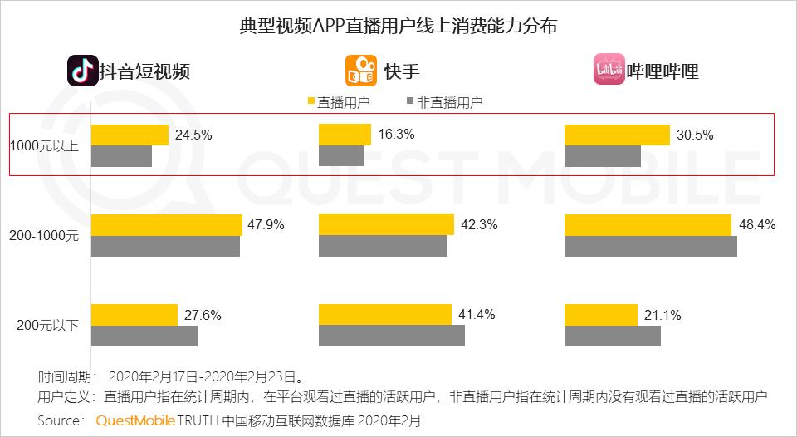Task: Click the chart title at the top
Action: click(x=398, y=26)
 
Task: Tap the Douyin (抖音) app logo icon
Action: click(x=82, y=71)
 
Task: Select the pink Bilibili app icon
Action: click(x=609, y=71)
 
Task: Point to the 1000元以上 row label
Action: click(x=45, y=146)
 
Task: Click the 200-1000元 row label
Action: click(x=45, y=236)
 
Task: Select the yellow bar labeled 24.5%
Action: click(x=130, y=135)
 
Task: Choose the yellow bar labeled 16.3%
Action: click(x=345, y=135)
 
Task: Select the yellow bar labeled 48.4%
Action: click(x=648, y=224)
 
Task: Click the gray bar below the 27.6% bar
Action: click(x=144, y=336)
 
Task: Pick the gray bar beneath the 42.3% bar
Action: click(x=383, y=246)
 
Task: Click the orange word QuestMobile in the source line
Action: click(x=134, y=420)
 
